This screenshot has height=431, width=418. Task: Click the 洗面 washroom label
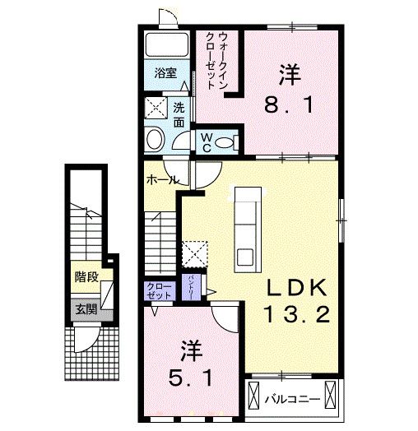point(180,112)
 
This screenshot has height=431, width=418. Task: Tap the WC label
point(207,142)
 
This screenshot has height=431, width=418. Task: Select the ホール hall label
point(162,178)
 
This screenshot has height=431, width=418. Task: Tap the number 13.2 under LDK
point(297,314)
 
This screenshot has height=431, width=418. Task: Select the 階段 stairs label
point(84,277)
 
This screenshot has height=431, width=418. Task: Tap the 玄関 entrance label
point(84,310)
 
